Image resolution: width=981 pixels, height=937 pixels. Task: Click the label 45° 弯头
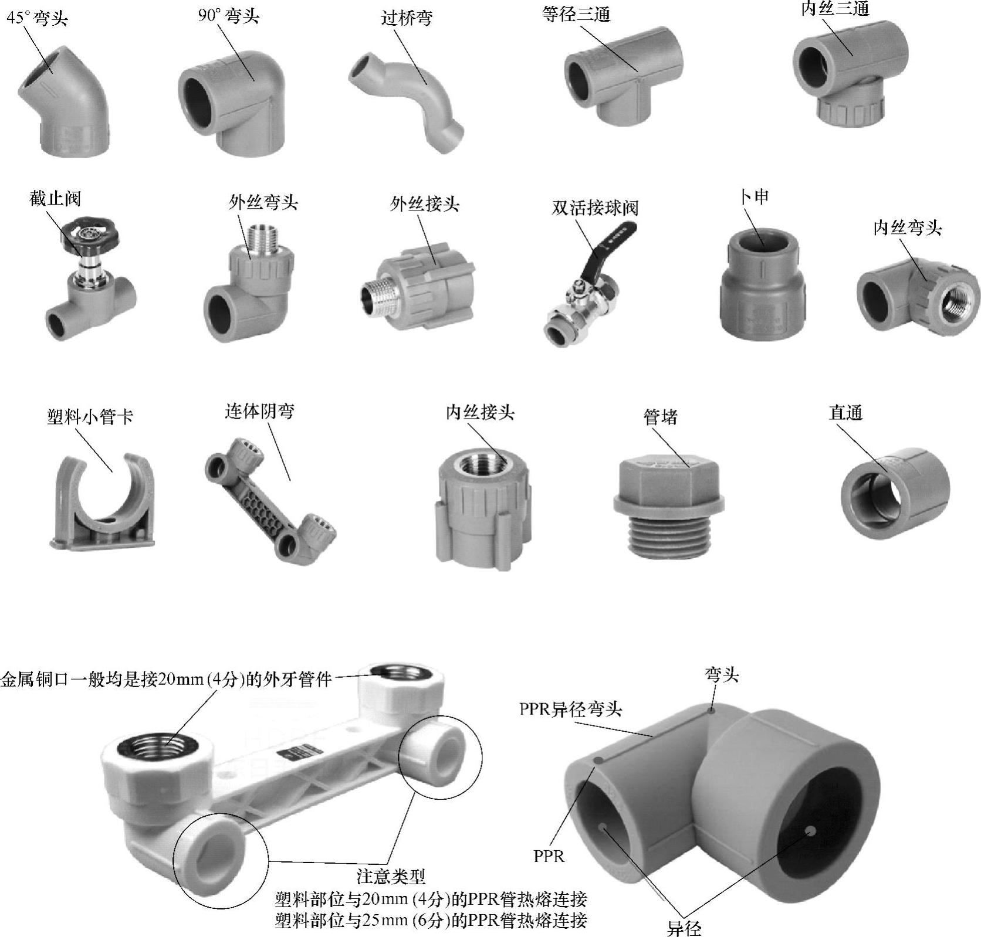coord(37,18)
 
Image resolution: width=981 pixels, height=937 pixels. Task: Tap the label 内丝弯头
coord(907,228)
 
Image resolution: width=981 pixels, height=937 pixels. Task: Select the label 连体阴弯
coord(259,411)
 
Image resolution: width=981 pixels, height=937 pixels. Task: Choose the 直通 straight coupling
coord(895,493)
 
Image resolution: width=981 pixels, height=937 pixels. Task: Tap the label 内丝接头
coord(480,413)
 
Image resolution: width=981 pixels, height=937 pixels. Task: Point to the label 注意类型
coord(391,877)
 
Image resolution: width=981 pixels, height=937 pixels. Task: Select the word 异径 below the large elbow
coord(684,928)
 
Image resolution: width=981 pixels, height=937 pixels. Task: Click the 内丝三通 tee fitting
coord(840,73)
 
